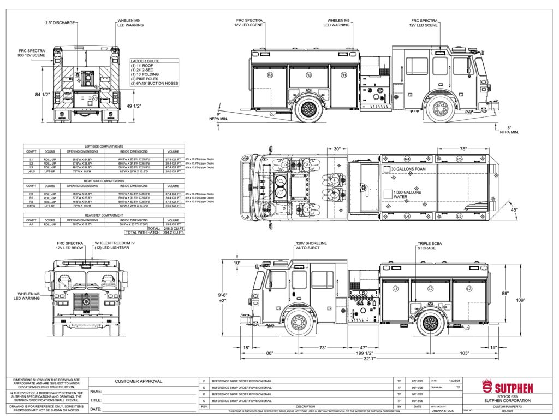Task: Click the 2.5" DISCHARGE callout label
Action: tap(61, 24)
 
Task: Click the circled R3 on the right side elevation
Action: tap(270, 74)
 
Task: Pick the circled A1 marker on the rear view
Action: tap(94, 98)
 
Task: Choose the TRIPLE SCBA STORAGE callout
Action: tap(427, 246)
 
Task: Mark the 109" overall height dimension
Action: tap(536, 300)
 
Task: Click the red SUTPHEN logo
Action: tap(508, 388)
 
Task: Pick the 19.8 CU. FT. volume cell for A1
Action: tap(173, 224)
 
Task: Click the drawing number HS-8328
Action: tap(509, 411)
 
